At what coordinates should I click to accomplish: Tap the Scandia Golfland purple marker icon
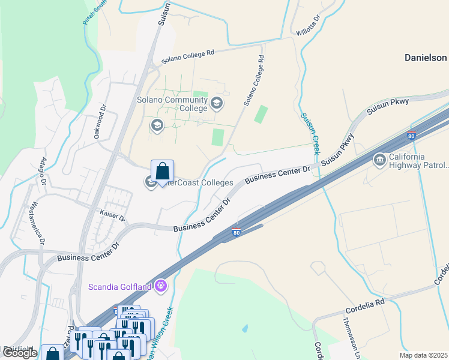tap(160, 286)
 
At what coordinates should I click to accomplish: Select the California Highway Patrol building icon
tap(379, 160)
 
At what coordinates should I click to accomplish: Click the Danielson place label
tap(426, 58)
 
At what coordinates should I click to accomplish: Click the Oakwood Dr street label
tap(100, 123)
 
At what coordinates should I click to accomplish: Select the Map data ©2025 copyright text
tap(423, 355)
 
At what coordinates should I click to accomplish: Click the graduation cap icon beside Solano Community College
tap(216, 104)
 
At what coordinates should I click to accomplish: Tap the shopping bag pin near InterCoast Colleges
tap(162, 172)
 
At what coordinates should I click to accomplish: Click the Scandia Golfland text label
tap(120, 287)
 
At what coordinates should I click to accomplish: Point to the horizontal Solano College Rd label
tap(188, 57)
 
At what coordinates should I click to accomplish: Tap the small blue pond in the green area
tap(244, 329)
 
